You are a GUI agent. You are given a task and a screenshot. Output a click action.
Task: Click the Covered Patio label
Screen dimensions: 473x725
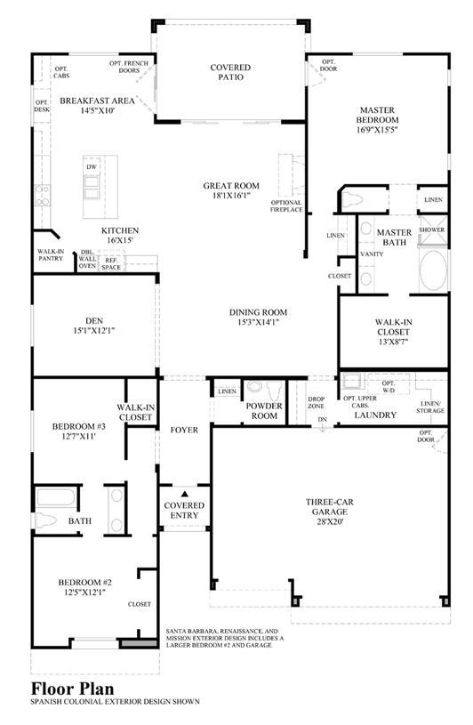tap(230, 72)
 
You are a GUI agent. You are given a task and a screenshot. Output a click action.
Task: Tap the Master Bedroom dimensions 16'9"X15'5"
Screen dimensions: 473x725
tap(377, 130)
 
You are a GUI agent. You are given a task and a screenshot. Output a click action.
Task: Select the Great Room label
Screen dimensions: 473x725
tap(231, 186)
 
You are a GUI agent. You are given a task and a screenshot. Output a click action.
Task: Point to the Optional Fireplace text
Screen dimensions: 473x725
tap(286, 206)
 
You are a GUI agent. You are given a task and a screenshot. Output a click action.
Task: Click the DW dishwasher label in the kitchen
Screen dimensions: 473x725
tap(92, 167)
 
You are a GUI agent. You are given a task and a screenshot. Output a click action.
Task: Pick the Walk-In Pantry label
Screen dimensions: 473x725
tap(51, 254)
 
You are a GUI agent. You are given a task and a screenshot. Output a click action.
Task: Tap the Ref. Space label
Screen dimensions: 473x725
tap(111, 264)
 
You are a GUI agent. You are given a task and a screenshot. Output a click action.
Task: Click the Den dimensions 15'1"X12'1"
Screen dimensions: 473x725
tap(93, 331)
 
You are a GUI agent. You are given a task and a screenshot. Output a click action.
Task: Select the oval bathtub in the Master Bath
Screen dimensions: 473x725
tap(433, 271)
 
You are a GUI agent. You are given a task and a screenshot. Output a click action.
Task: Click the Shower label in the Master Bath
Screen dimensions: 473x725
tap(432, 230)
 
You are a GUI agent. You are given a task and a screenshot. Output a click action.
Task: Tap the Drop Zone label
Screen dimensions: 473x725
tap(316, 402)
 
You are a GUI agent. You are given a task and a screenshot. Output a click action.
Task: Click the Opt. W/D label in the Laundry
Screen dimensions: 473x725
tap(389, 387)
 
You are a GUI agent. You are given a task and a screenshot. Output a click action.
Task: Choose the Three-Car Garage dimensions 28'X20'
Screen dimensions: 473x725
tap(329, 521)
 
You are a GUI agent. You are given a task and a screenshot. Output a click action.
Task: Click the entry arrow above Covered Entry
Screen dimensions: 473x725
tap(184, 494)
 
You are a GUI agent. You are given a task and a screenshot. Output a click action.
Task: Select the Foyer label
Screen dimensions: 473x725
tap(184, 430)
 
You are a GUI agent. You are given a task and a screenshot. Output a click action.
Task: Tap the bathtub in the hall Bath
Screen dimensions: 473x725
tap(56, 497)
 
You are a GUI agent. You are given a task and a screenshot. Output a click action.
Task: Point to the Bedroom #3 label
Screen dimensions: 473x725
tap(79, 426)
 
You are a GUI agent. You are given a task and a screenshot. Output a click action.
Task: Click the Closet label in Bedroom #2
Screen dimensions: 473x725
tap(139, 604)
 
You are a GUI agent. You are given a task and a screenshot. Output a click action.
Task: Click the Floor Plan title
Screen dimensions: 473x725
tap(73, 689)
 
